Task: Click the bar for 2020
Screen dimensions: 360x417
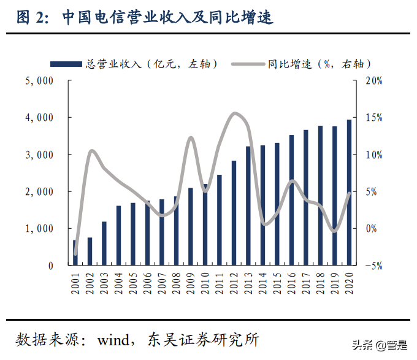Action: coord(349,193)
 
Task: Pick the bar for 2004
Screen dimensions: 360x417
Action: coord(118,236)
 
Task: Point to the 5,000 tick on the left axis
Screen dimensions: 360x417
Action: coord(39,80)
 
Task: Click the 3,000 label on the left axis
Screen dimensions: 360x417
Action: coord(39,155)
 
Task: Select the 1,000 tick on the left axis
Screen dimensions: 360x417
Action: coord(39,229)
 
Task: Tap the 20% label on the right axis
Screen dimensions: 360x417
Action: coord(375,80)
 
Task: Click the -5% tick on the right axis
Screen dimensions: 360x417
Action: coord(375,266)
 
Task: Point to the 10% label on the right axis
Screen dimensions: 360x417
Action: coord(375,155)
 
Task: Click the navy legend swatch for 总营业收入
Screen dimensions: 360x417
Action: coord(66,63)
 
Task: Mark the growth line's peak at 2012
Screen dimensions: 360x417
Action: coord(234,113)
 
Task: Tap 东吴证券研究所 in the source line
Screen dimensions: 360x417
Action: coord(204,339)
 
